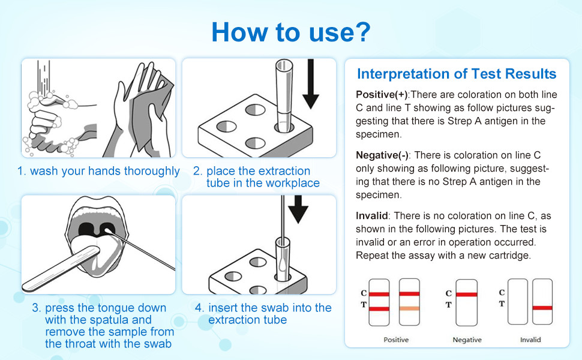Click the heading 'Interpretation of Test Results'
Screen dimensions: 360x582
coord(456,74)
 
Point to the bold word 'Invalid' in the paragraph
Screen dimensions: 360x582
coord(371,215)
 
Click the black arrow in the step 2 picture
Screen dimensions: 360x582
coord(310,84)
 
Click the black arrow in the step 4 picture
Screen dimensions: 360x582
coord(298,210)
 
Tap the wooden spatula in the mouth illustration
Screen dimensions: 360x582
coord(60,266)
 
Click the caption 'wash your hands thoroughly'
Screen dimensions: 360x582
coord(98,171)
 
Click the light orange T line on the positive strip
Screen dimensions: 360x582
coord(409,308)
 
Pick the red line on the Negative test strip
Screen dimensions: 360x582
coord(467,295)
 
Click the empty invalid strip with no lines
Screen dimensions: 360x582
coord(518,302)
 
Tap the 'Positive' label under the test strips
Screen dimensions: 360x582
coord(395,340)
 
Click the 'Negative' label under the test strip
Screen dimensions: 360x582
coord(467,340)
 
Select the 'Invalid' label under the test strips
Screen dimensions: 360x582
coord(530,340)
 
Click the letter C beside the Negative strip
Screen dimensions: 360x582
coord(449,293)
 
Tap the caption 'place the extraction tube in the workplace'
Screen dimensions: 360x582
coord(256,177)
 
